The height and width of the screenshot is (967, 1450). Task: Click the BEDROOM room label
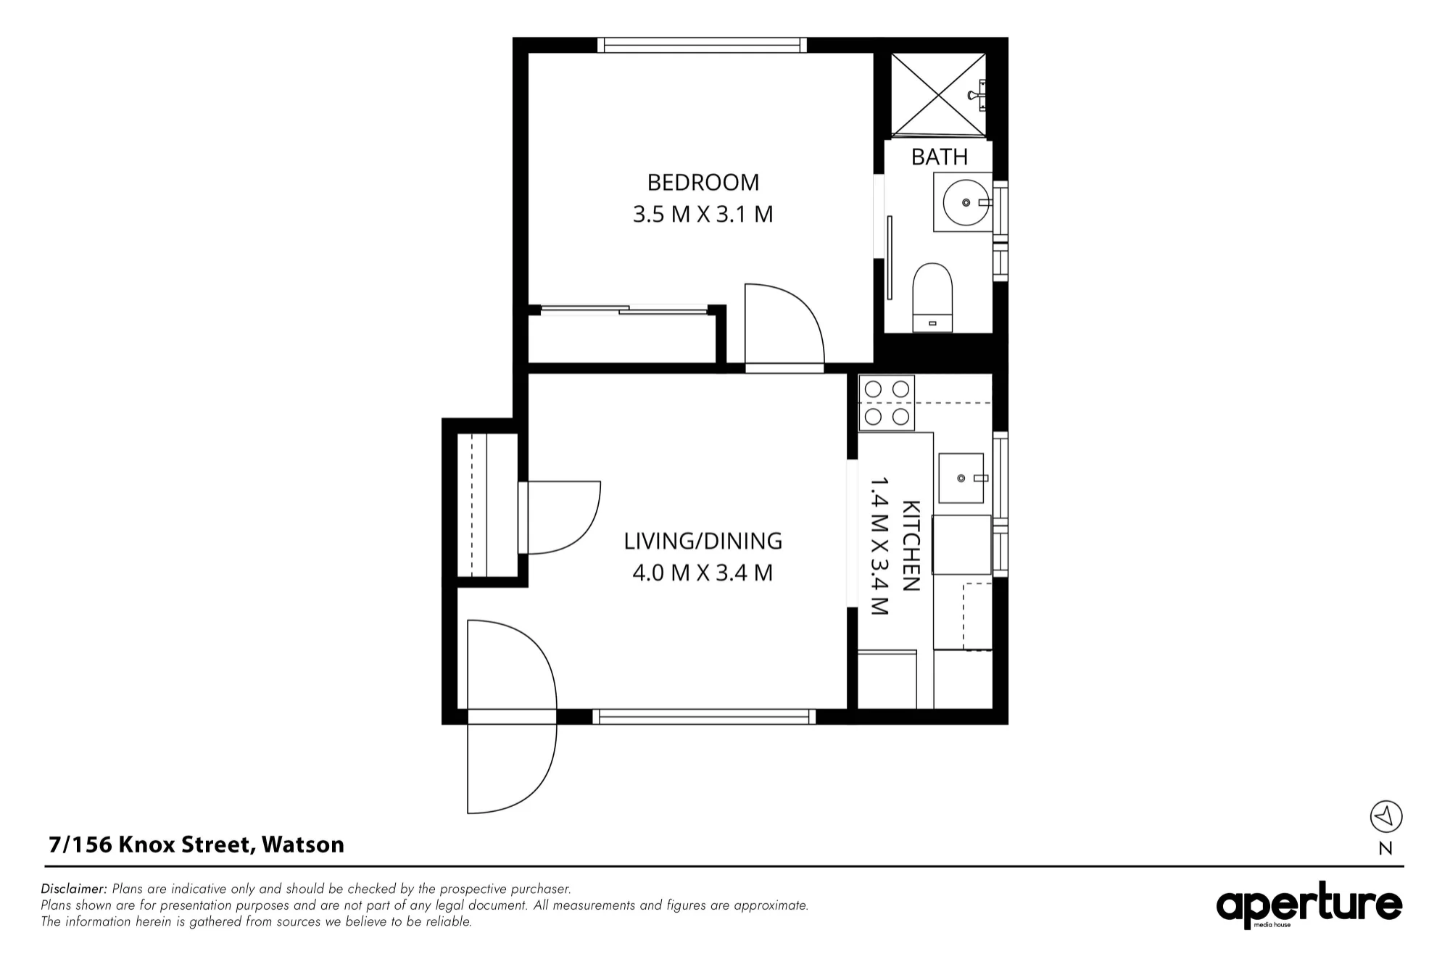pyautogui.click(x=703, y=182)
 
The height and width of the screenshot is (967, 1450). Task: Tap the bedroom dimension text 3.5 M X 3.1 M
pyautogui.click(x=703, y=215)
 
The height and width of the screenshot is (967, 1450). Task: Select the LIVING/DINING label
pyautogui.click(x=703, y=541)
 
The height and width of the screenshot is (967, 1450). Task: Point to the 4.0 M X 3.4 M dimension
pyautogui.click(x=703, y=573)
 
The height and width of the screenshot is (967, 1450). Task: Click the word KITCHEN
pyautogui.click(x=911, y=546)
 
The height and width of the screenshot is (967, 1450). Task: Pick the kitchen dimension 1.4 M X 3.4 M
pyautogui.click(x=879, y=546)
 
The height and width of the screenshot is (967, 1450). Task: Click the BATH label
pyautogui.click(x=940, y=157)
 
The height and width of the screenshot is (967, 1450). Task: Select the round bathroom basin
pyautogui.click(x=966, y=202)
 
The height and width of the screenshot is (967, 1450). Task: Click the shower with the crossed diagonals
pyautogui.click(x=939, y=94)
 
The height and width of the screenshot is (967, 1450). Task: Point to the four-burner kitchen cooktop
pyautogui.click(x=887, y=403)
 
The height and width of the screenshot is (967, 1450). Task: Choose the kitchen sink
pyautogui.click(x=961, y=478)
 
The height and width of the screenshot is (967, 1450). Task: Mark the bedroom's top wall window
pyautogui.click(x=702, y=45)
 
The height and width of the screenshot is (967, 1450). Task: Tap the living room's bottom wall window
pyautogui.click(x=704, y=717)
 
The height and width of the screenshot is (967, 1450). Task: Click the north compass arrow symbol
pyautogui.click(x=1386, y=817)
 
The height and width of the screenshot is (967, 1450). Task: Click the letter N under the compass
pyautogui.click(x=1385, y=849)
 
